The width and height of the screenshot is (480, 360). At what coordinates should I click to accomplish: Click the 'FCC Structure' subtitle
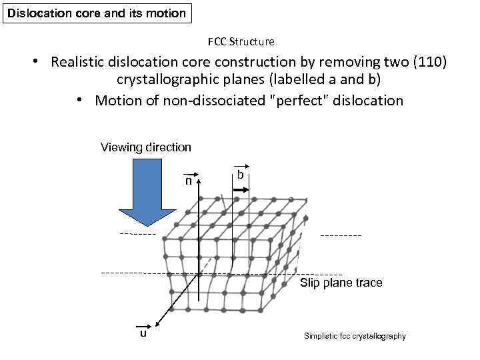pos(241,41)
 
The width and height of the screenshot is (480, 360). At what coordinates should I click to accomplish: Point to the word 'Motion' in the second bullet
pos(118,101)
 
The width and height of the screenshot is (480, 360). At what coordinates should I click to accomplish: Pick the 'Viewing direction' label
pos(145,147)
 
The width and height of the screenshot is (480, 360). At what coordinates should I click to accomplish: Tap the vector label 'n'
pos(189,180)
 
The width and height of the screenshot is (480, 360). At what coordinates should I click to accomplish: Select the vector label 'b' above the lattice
pos(241,175)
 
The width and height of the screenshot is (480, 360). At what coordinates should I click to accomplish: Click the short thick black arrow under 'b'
pos(241,190)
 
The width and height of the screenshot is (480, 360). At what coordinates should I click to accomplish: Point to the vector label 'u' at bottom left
pos(143,333)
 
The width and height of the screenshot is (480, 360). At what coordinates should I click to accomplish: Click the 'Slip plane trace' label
pos(341,283)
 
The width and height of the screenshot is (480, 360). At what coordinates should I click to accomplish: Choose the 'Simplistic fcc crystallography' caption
pos(354,336)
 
